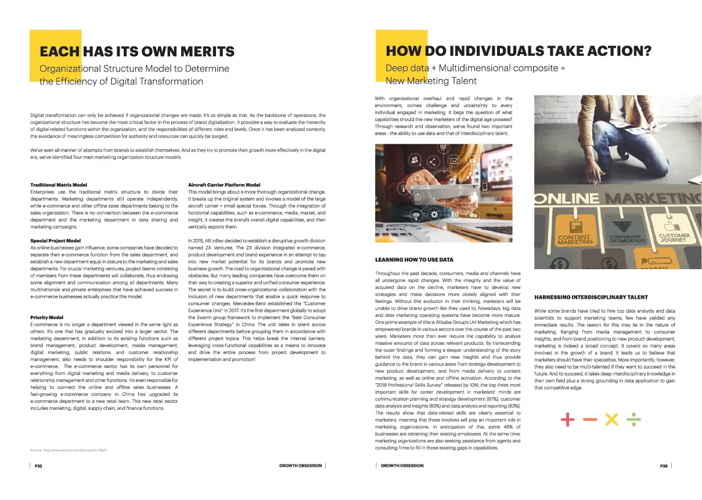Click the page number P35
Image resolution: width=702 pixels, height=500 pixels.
38,466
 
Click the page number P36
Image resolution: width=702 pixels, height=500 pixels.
664,466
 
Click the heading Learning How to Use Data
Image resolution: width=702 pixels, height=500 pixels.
414,259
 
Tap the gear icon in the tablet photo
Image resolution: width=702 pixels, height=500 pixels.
434,215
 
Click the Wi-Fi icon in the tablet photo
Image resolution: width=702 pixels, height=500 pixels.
416,216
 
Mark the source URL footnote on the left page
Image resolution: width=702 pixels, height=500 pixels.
69,451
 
